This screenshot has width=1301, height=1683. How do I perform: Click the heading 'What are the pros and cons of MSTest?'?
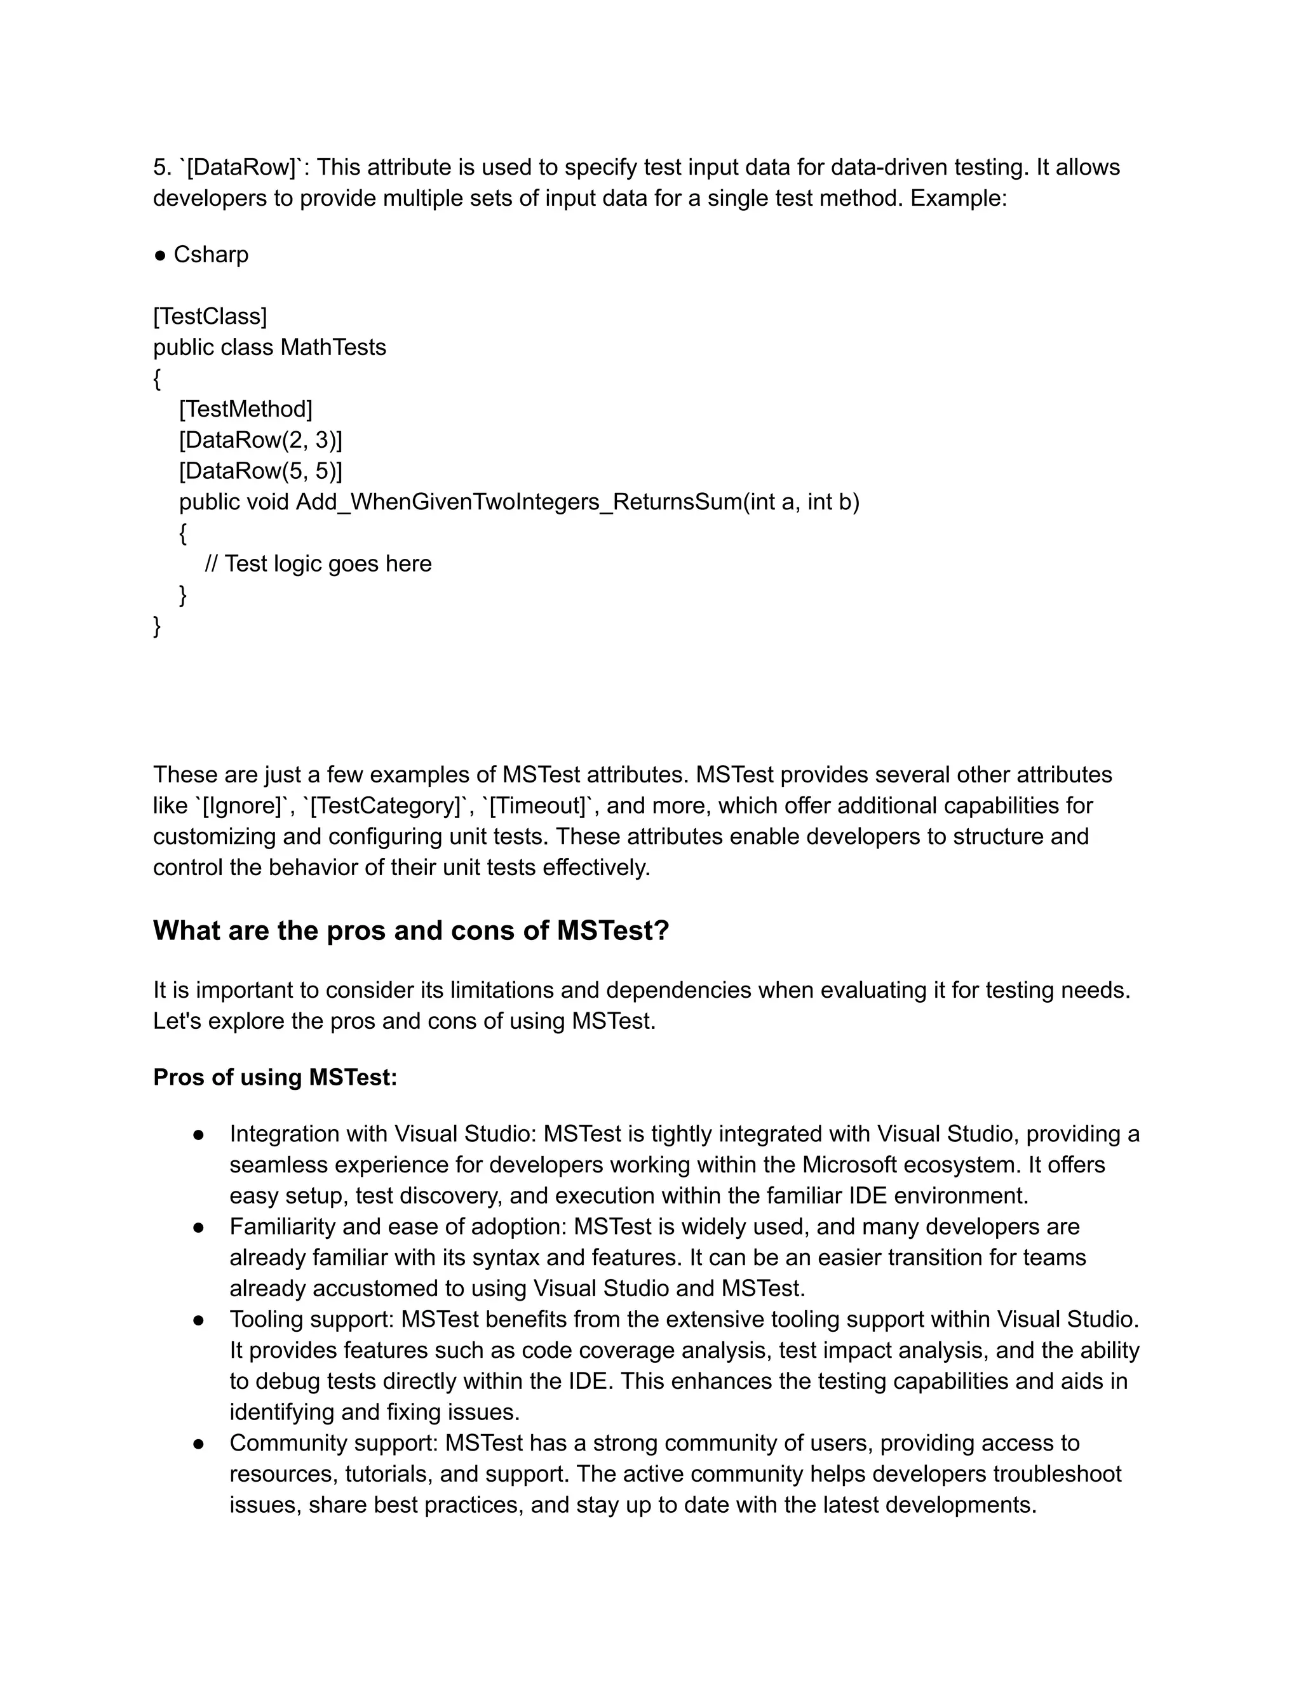(x=411, y=930)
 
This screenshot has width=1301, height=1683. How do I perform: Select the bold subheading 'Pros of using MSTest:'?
(x=275, y=1077)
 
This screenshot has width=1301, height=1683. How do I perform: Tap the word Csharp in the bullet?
(x=210, y=254)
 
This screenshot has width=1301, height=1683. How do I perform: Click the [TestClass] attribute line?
(x=210, y=316)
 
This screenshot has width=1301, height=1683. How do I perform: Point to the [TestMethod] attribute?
(x=245, y=408)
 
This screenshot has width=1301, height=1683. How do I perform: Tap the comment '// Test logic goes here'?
(x=318, y=563)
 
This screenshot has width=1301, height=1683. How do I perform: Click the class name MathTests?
(x=333, y=347)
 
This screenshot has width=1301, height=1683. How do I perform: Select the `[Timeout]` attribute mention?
(x=539, y=806)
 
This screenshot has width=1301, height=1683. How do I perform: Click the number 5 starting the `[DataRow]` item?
(x=159, y=167)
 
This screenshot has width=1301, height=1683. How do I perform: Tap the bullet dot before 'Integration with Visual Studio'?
(x=198, y=1134)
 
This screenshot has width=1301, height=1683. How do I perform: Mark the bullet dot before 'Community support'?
(x=198, y=1444)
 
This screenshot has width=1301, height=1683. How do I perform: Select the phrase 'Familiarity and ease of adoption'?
(x=397, y=1227)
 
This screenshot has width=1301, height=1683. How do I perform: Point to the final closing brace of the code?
(x=158, y=626)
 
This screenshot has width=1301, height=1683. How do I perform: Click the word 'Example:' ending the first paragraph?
(x=958, y=198)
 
